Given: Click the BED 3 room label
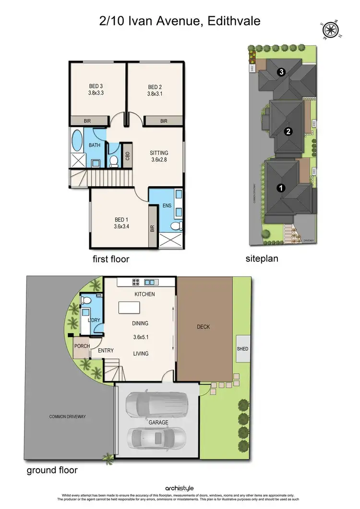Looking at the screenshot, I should click(x=96, y=86).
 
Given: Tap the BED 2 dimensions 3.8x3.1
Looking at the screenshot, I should click(x=156, y=94).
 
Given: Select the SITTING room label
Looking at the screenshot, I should click(x=159, y=153).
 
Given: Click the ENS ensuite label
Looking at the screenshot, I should click(x=167, y=206).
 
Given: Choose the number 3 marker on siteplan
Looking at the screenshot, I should click(x=282, y=72).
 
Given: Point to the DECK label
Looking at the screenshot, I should click(x=204, y=327).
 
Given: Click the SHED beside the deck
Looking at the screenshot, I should click(x=242, y=348).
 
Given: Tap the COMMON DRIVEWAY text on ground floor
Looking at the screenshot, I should click(x=67, y=416).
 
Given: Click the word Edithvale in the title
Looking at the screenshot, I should click(x=233, y=21).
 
